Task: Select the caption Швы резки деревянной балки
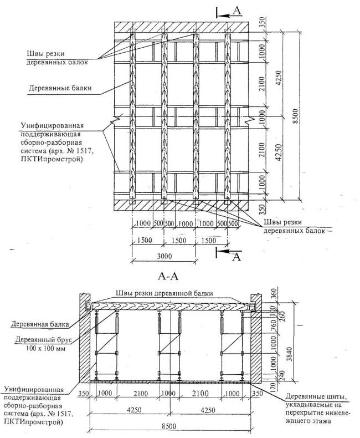coord(164,293)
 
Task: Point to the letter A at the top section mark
coord(236,10)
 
